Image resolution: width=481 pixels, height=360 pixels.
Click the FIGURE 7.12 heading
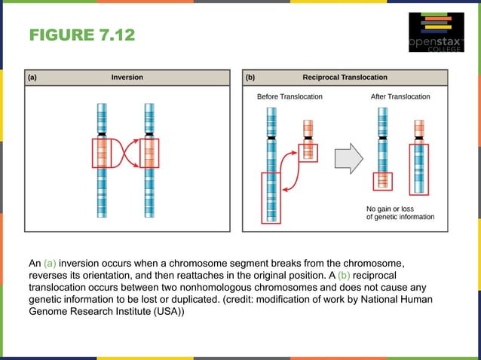(82, 35)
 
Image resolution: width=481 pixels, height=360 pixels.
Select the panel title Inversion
(127, 78)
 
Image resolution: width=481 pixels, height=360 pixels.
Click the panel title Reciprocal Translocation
(345, 78)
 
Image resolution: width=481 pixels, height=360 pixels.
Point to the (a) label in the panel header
(33, 78)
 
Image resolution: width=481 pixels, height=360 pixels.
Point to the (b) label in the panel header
(250, 78)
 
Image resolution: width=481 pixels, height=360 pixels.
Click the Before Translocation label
(290, 97)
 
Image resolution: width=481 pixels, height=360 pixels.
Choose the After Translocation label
(400, 97)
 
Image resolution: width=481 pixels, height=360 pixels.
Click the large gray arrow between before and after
(348, 158)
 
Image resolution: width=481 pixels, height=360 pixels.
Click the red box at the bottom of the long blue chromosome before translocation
(270, 197)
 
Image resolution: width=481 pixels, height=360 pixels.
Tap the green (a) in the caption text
(50, 264)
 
